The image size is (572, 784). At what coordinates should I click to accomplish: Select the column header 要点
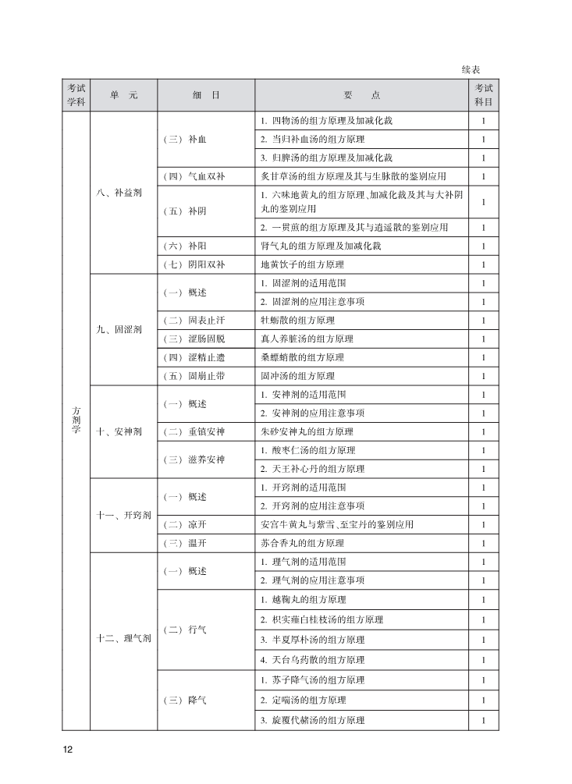click(x=362, y=95)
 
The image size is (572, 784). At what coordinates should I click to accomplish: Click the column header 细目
click(x=206, y=95)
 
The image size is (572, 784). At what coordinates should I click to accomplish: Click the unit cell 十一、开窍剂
click(x=123, y=515)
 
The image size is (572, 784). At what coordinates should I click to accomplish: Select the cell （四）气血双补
click(x=194, y=176)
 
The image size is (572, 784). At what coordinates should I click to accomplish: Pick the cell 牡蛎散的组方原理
click(x=297, y=320)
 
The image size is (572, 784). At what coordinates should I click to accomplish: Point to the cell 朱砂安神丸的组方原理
click(x=307, y=431)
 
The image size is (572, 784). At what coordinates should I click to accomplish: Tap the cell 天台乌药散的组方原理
click(x=312, y=660)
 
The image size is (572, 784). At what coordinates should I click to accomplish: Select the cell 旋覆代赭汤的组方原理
click(x=312, y=720)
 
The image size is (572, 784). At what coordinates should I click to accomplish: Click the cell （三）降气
click(x=186, y=701)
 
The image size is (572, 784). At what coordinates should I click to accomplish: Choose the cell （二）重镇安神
click(x=194, y=431)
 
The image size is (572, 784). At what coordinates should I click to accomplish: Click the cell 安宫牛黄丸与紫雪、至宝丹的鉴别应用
click(x=337, y=524)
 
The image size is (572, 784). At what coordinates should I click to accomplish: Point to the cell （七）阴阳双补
click(x=194, y=264)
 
